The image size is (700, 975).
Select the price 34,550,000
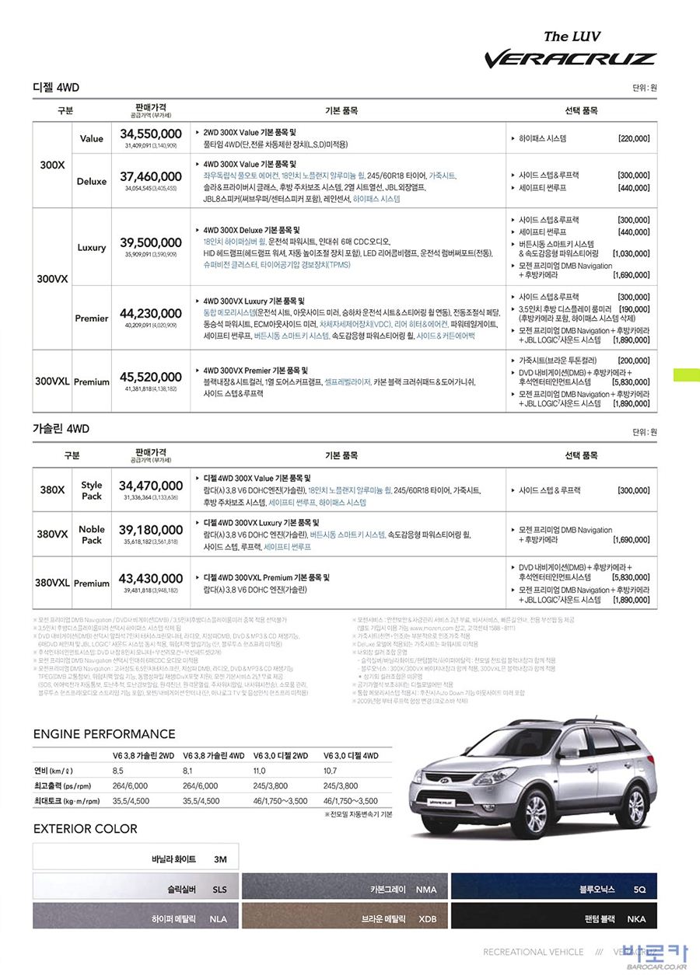click(151, 134)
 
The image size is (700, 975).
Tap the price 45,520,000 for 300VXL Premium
click(151, 377)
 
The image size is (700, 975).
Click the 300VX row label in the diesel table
click(52, 279)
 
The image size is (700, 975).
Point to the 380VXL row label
click(52, 583)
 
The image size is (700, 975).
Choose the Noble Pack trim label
click(92, 535)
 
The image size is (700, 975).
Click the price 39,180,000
click(151, 530)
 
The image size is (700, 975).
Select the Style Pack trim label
click(92, 490)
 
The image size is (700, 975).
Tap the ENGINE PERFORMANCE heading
click(104, 734)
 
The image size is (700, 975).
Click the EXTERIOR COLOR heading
click(86, 829)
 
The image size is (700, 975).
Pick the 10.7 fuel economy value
click(330, 771)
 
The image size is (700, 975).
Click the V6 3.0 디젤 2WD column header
click(282, 755)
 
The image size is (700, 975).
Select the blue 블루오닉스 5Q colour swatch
click(553, 889)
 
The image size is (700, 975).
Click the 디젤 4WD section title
click(56, 87)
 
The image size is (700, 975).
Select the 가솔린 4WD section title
click(61, 428)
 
